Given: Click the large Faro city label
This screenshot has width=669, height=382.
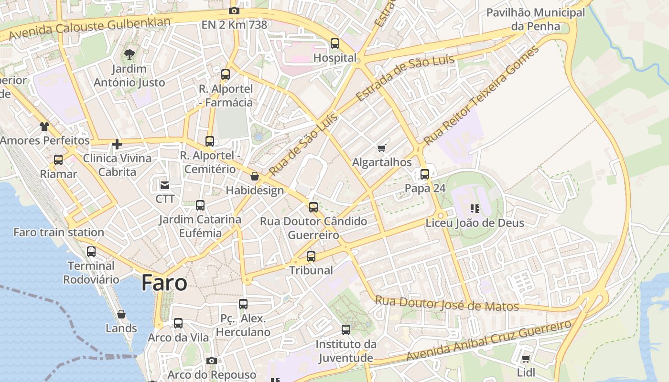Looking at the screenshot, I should (x=164, y=283).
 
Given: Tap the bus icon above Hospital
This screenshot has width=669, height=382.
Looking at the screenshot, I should (x=335, y=43).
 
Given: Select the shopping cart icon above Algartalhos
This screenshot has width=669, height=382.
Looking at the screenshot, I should (x=381, y=149).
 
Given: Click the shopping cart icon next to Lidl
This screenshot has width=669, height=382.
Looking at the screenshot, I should (x=526, y=359).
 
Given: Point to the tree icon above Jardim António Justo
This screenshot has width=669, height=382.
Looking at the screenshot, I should (x=129, y=54).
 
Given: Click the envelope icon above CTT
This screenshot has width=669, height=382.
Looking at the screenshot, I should (x=165, y=185).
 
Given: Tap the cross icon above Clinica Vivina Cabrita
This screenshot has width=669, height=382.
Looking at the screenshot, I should (x=117, y=144).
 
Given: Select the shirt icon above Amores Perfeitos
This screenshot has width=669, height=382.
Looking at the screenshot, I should (x=44, y=127).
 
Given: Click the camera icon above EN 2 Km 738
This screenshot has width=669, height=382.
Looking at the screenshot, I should (x=234, y=11).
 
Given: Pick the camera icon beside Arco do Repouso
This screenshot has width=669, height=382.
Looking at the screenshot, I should (x=211, y=361).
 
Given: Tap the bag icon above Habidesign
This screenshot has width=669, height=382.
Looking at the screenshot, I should (x=255, y=177).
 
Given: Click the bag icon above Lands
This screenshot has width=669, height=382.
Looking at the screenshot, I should (x=121, y=314).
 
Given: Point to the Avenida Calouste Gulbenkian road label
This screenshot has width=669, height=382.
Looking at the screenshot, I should (x=90, y=28).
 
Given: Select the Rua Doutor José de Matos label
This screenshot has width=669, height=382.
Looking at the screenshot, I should (x=447, y=304).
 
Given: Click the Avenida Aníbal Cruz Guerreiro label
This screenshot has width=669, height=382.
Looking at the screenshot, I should (x=488, y=341).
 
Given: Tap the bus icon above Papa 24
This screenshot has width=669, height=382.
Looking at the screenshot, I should (x=425, y=174).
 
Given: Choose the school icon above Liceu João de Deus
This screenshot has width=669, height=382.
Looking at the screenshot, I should (x=475, y=208).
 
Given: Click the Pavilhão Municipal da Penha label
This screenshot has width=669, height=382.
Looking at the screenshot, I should (x=535, y=19).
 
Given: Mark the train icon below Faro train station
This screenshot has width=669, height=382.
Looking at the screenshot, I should (x=91, y=251).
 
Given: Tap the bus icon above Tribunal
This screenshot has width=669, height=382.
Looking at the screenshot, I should (x=311, y=256).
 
